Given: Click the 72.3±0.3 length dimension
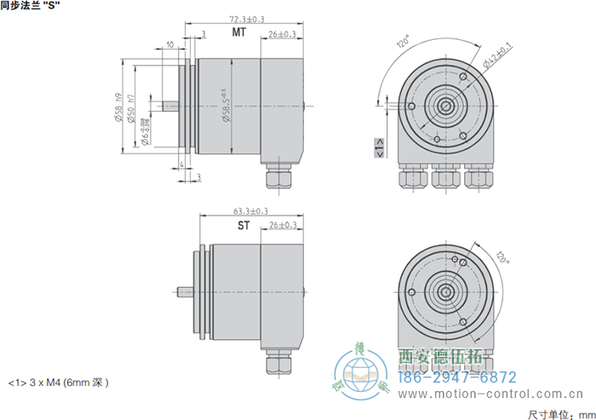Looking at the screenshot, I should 246,18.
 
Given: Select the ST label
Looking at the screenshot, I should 244,226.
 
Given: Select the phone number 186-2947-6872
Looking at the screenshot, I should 458,377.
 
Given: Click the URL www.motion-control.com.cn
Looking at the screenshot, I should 490,395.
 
